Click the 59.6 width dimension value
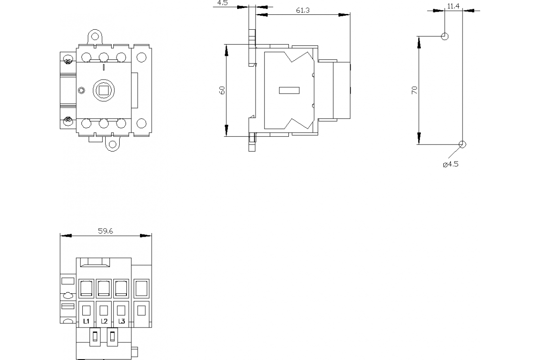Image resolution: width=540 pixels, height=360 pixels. (x=105, y=231)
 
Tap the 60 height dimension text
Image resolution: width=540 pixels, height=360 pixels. (x=222, y=90)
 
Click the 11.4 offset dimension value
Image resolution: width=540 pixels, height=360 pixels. (x=453, y=6)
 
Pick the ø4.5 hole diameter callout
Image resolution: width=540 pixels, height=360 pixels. (x=450, y=164)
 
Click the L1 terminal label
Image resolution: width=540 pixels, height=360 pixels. (x=86, y=321)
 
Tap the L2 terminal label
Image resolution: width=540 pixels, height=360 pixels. (x=104, y=321)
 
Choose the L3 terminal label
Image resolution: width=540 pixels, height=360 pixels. (x=121, y=321)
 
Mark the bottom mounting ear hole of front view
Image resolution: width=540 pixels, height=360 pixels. (x=112, y=145)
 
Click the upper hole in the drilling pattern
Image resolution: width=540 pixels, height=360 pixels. (x=445, y=36)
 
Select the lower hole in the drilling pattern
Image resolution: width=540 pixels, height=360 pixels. (x=462, y=144)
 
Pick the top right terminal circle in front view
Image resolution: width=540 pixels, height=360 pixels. (x=141, y=57)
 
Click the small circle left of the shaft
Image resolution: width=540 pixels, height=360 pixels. (x=81, y=90)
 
